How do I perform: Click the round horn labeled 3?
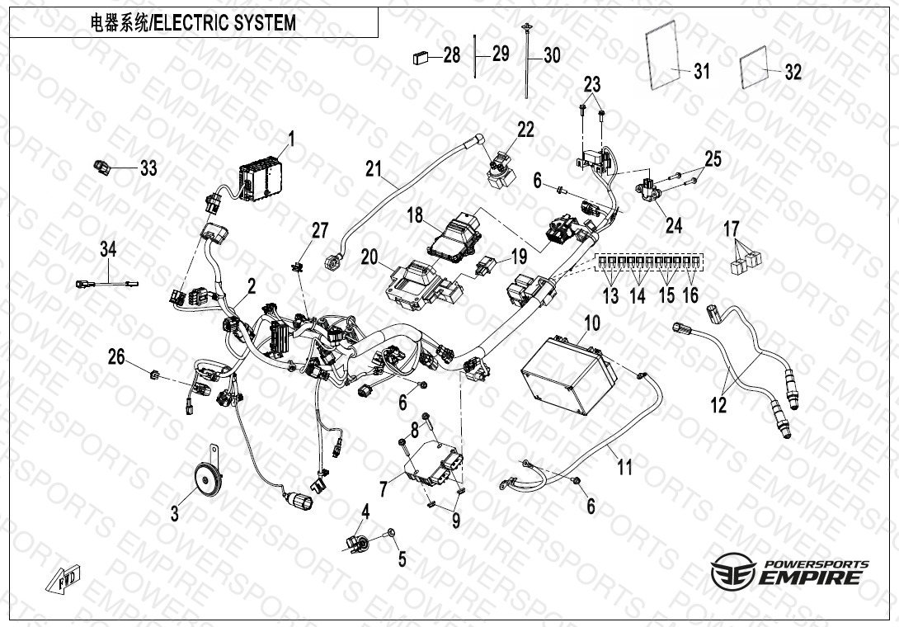[204, 478]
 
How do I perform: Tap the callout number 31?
[701, 72]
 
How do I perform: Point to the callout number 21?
[375, 170]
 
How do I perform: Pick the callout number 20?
[369, 257]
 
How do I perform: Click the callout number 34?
[109, 248]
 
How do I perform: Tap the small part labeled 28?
[421, 57]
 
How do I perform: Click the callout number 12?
[719, 405]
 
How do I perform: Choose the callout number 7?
[383, 488]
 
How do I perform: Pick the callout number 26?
[116, 357]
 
